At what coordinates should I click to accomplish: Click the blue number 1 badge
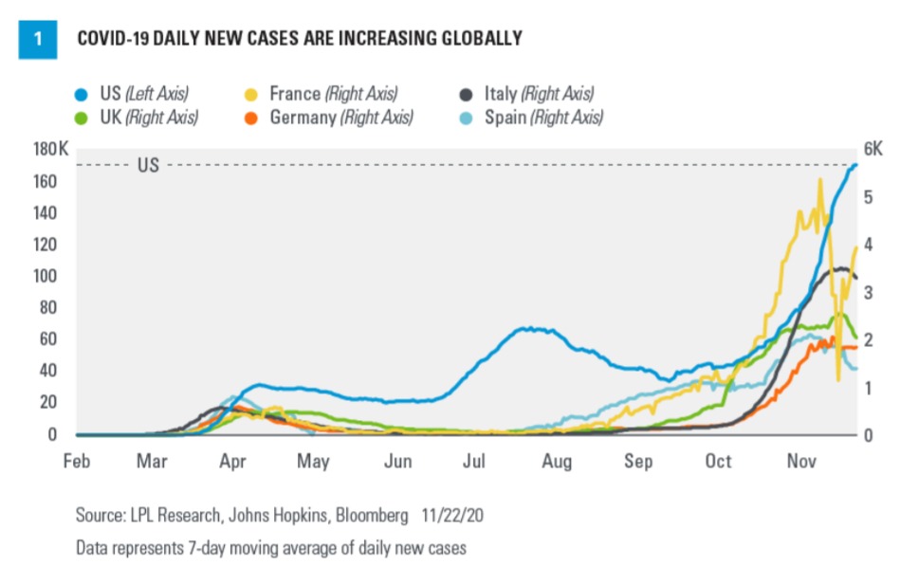[x=37, y=39]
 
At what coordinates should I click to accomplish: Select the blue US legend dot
[x=82, y=94]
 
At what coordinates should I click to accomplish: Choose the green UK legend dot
[x=82, y=118]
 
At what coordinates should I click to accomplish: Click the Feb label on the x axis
[x=76, y=462]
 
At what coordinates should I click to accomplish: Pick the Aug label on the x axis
[x=557, y=462]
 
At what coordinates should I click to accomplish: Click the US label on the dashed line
[x=149, y=165]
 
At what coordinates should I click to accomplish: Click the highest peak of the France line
[x=819, y=179]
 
